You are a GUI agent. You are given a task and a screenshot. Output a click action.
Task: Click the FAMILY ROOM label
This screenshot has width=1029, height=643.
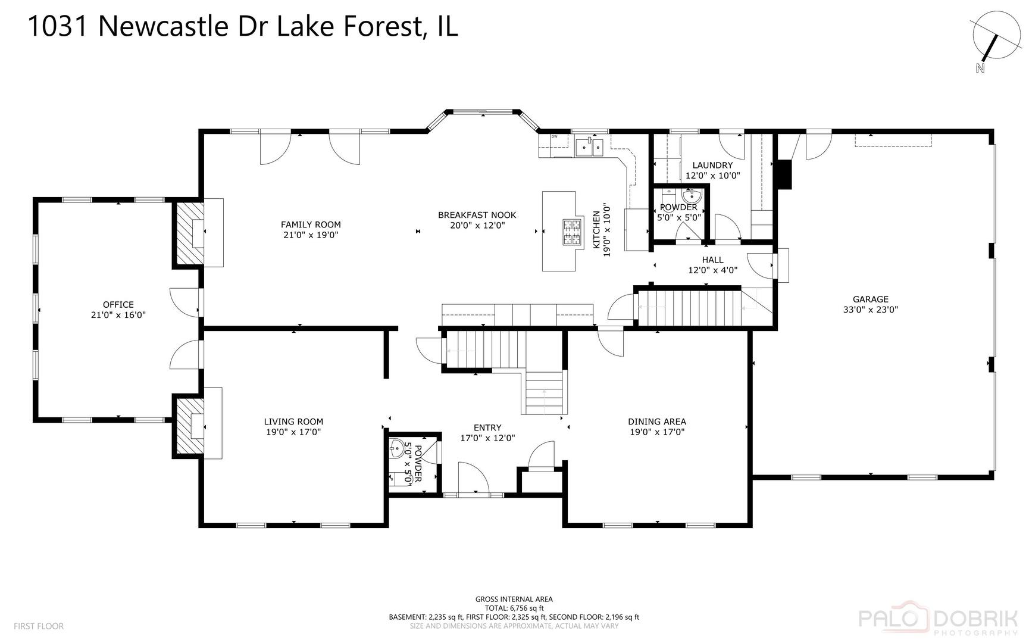(311, 224)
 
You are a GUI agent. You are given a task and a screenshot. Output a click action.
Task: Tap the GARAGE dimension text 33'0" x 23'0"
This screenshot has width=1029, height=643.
(870, 310)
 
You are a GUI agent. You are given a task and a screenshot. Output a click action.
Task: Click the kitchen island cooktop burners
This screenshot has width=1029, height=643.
(572, 232)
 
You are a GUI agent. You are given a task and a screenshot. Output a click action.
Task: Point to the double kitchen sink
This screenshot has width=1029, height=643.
(590, 146)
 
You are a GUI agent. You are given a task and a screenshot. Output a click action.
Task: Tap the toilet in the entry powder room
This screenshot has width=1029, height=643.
(396, 477)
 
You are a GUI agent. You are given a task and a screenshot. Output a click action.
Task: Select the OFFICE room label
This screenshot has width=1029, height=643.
(118, 305)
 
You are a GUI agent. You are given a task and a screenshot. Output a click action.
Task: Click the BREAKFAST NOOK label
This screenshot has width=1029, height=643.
(477, 215)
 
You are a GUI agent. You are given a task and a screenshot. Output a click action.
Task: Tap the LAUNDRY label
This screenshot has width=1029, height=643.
(712, 166)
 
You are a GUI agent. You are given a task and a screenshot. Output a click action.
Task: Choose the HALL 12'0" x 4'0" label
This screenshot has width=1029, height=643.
(712, 264)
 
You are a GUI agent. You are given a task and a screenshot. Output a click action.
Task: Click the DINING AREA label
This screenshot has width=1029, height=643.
(657, 422)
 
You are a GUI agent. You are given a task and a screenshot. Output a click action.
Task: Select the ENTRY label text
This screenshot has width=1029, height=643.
(487, 427)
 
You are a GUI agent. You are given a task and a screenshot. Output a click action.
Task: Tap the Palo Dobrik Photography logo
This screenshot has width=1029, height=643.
(937, 620)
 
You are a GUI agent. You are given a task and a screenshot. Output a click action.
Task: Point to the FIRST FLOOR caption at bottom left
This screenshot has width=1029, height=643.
(39, 626)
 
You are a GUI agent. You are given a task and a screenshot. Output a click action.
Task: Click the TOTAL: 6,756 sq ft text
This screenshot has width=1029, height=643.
(514, 608)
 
